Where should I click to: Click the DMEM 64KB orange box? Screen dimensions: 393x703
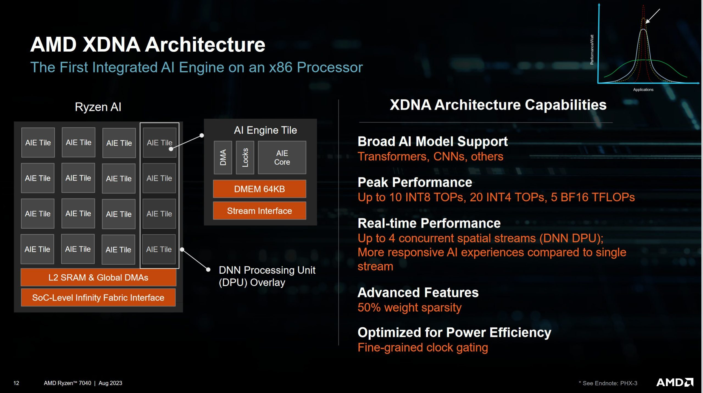coord(259,189)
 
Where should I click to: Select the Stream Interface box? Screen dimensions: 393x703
coord(259,211)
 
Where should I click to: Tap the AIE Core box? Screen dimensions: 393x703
coord(282,158)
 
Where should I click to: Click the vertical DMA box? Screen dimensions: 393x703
coord(223,158)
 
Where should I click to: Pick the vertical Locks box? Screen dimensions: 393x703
coord(245,158)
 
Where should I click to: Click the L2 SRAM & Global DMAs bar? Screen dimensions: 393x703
coord(98,277)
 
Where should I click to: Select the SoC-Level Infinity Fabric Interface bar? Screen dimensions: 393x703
coord(98,297)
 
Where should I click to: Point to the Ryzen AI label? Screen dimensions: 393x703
coord(98,107)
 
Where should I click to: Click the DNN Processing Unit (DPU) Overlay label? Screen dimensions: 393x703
coord(266,276)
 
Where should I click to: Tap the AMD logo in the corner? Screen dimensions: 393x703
coord(674,382)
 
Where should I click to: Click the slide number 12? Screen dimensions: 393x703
coord(16,383)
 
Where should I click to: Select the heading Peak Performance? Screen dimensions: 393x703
coord(415,182)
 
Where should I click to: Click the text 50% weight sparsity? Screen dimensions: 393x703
coord(409,307)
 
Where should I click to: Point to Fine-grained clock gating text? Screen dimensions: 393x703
coord(423,347)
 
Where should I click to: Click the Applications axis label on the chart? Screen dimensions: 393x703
coord(643,89)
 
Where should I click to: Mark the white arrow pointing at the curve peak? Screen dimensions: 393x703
coord(653,16)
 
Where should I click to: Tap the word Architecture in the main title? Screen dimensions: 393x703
coord(205,44)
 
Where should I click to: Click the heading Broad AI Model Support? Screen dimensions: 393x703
coord(432,142)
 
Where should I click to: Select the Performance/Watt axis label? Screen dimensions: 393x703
coord(592,50)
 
